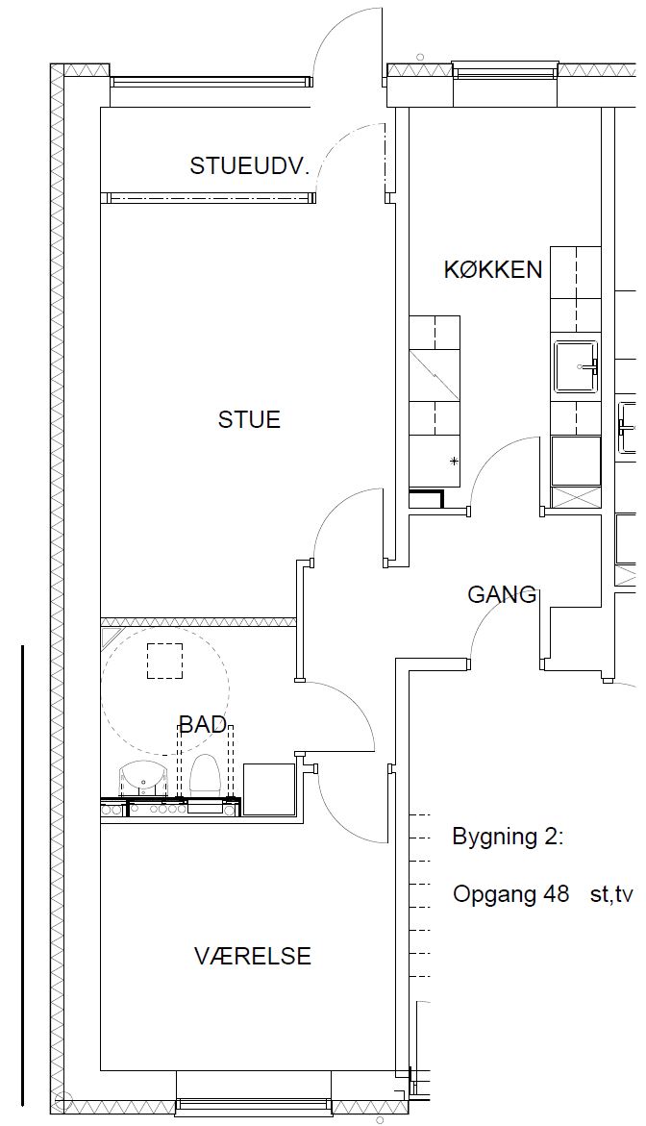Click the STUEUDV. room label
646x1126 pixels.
(249, 166)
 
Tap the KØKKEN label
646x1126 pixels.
(492, 270)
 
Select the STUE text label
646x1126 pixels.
(249, 419)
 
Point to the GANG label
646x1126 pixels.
(502, 594)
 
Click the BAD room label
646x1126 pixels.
(203, 725)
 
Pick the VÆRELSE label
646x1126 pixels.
(253, 956)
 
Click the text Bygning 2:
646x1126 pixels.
(508, 838)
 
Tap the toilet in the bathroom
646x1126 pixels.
(204, 775)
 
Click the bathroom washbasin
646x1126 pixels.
(143, 779)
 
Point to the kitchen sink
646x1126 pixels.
(576, 366)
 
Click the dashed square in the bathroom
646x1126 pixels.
(164, 661)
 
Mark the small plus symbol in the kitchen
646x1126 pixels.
(454, 461)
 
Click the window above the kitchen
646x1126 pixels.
(506, 69)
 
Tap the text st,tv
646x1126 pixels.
(610, 895)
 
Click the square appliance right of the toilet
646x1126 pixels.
(270, 789)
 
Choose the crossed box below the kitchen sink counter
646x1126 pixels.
(576, 497)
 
